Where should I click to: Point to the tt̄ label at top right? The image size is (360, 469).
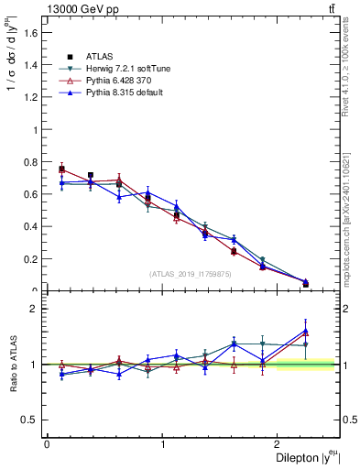point(333,9)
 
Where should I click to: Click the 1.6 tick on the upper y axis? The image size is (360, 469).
point(31,34)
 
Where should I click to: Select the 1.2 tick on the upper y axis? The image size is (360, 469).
point(31,98)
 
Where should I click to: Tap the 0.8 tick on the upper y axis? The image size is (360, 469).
point(31,162)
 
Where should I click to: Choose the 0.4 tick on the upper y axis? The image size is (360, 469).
point(31,226)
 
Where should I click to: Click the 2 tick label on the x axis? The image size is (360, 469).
point(280,444)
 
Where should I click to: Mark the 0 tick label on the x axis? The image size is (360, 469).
point(47,444)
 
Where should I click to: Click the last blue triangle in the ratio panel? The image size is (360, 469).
point(306,331)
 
